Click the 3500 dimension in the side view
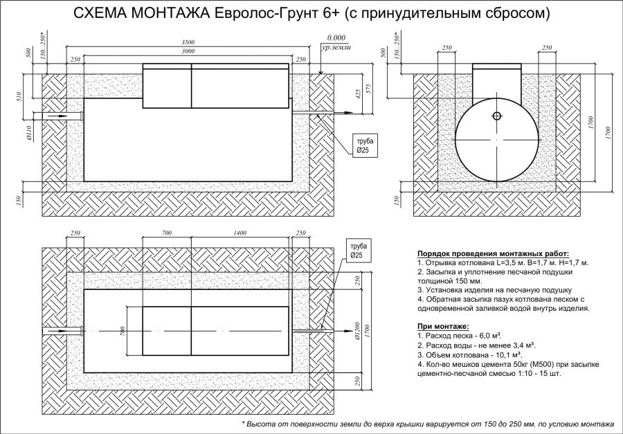tap(188, 42)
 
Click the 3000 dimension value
tap(188, 51)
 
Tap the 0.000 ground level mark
tap(336, 38)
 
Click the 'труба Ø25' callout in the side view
tap(365, 146)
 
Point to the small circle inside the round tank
tap(496, 116)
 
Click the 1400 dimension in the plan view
tap(240, 233)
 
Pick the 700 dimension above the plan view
tap(167, 233)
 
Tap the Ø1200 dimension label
tap(358, 331)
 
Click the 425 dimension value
tap(359, 93)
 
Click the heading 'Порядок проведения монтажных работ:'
tap(493, 253)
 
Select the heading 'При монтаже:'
tap(443, 327)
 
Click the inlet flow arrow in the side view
tap(57, 116)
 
